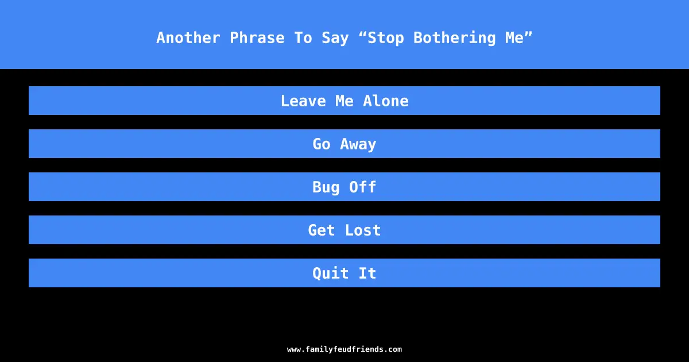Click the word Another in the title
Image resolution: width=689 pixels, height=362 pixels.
pos(188,38)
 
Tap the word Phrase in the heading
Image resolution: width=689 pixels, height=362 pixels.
pos(257,38)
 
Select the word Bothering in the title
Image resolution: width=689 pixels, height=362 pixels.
pos(455,38)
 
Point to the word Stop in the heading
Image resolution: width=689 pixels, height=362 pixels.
pos(386,38)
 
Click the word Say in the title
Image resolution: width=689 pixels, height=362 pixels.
pos(335,38)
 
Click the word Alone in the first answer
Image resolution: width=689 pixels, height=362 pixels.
pos(386,101)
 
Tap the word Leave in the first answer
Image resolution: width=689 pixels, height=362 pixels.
pos(303,101)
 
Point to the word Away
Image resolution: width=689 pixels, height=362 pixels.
pos(358,144)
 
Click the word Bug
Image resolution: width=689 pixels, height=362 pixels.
pos(326,187)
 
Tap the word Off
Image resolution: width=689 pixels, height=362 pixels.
pos(363,187)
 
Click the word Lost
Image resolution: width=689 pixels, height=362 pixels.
pos(363,230)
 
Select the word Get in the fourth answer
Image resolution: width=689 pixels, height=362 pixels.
pos(322,230)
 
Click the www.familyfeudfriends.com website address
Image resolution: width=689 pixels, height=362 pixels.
pos(344,349)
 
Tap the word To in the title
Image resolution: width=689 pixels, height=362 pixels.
pos(303,38)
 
